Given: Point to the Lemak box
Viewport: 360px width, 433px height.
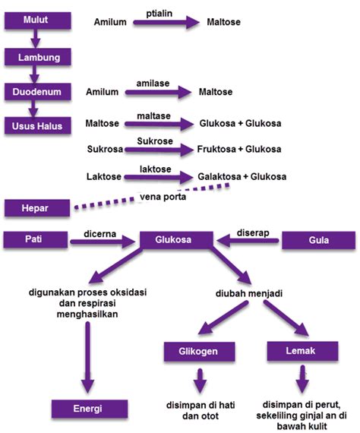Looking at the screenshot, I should tap(302, 351).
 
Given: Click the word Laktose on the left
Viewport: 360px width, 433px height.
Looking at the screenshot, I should tap(106, 177).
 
